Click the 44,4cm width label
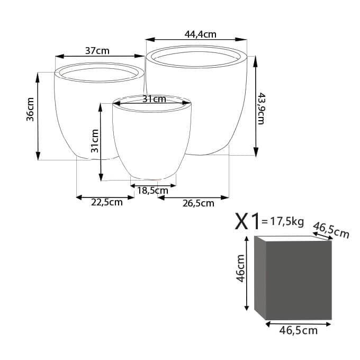(201, 34)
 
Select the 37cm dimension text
(97, 51)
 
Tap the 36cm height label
(30, 109)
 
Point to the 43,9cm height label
(261, 109)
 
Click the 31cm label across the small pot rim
(154, 99)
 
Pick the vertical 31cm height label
(95, 141)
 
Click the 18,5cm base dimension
(152, 191)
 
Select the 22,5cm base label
(107, 202)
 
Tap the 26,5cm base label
(199, 203)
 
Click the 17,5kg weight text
(283, 221)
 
